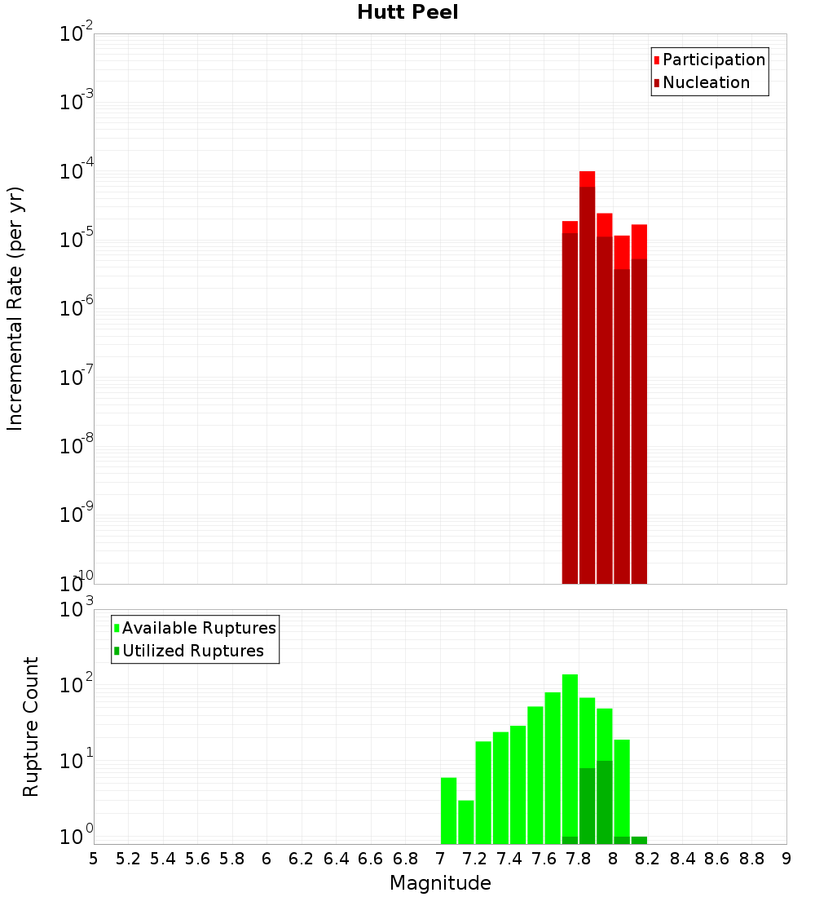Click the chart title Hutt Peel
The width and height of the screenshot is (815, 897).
pos(407,13)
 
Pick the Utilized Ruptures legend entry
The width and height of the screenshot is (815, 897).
pos(192,651)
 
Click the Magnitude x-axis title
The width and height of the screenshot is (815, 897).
pos(440,883)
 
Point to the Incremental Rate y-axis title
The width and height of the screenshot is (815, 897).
pos(15,308)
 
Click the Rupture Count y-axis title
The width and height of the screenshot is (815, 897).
pos(31,727)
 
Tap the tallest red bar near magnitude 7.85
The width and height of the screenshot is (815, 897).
pos(588,375)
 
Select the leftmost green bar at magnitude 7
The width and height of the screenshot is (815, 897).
pos(448,811)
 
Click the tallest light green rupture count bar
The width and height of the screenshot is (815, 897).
pos(570,758)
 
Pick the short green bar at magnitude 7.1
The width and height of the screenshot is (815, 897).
pos(466,822)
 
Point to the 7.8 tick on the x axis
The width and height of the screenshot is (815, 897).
pos(579,859)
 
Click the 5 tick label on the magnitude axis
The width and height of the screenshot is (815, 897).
pos(94,859)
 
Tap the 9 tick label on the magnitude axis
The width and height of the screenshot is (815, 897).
pos(786,859)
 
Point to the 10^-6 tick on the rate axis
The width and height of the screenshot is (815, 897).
pos(77,308)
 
